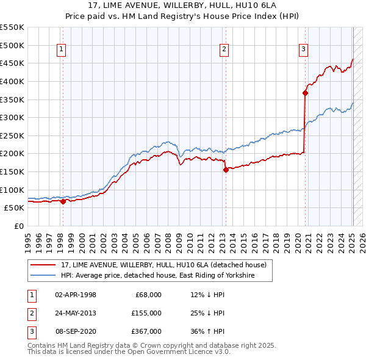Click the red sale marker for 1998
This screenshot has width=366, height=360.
[x=63, y=201]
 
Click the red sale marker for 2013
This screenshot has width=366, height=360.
[x=226, y=170]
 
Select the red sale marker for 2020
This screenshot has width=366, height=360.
[x=305, y=93]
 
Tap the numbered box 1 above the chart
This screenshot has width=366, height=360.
[x=62, y=50]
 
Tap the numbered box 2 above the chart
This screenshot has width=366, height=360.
[x=224, y=50]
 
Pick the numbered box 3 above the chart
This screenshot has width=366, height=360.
[x=303, y=50]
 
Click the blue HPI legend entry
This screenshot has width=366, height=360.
[x=157, y=276]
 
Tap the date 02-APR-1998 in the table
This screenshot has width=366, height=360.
[x=76, y=295]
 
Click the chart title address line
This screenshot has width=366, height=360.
[x=184, y=5]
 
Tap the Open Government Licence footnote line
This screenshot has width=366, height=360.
[x=129, y=352]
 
